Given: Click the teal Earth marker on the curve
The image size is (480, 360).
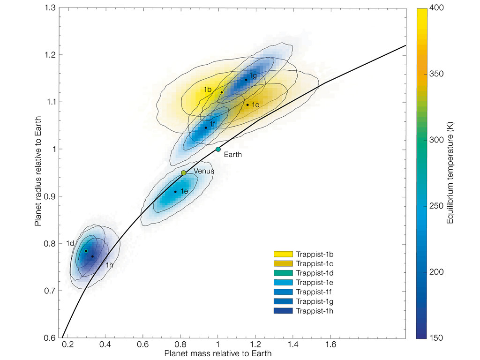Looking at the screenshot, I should (218, 149).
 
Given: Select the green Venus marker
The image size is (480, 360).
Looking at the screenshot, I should (184, 173).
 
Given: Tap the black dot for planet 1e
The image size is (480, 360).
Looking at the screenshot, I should (175, 191).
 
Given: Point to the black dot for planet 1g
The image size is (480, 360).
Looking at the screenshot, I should (246, 80).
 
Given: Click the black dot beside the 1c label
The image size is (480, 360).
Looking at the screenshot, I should (247, 105).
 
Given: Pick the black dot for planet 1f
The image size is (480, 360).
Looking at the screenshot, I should (206, 127).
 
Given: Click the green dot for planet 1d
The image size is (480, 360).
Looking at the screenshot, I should (86, 251).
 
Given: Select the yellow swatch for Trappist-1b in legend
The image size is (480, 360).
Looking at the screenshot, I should (283, 254).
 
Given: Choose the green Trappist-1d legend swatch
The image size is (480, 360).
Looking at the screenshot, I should (283, 273).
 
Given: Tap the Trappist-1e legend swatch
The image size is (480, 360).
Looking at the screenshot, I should (283, 282).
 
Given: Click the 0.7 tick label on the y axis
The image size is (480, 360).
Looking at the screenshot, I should (49, 291).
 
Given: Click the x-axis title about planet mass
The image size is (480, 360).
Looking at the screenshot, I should (218, 353).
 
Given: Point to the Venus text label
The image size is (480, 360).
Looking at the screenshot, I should (204, 172).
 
